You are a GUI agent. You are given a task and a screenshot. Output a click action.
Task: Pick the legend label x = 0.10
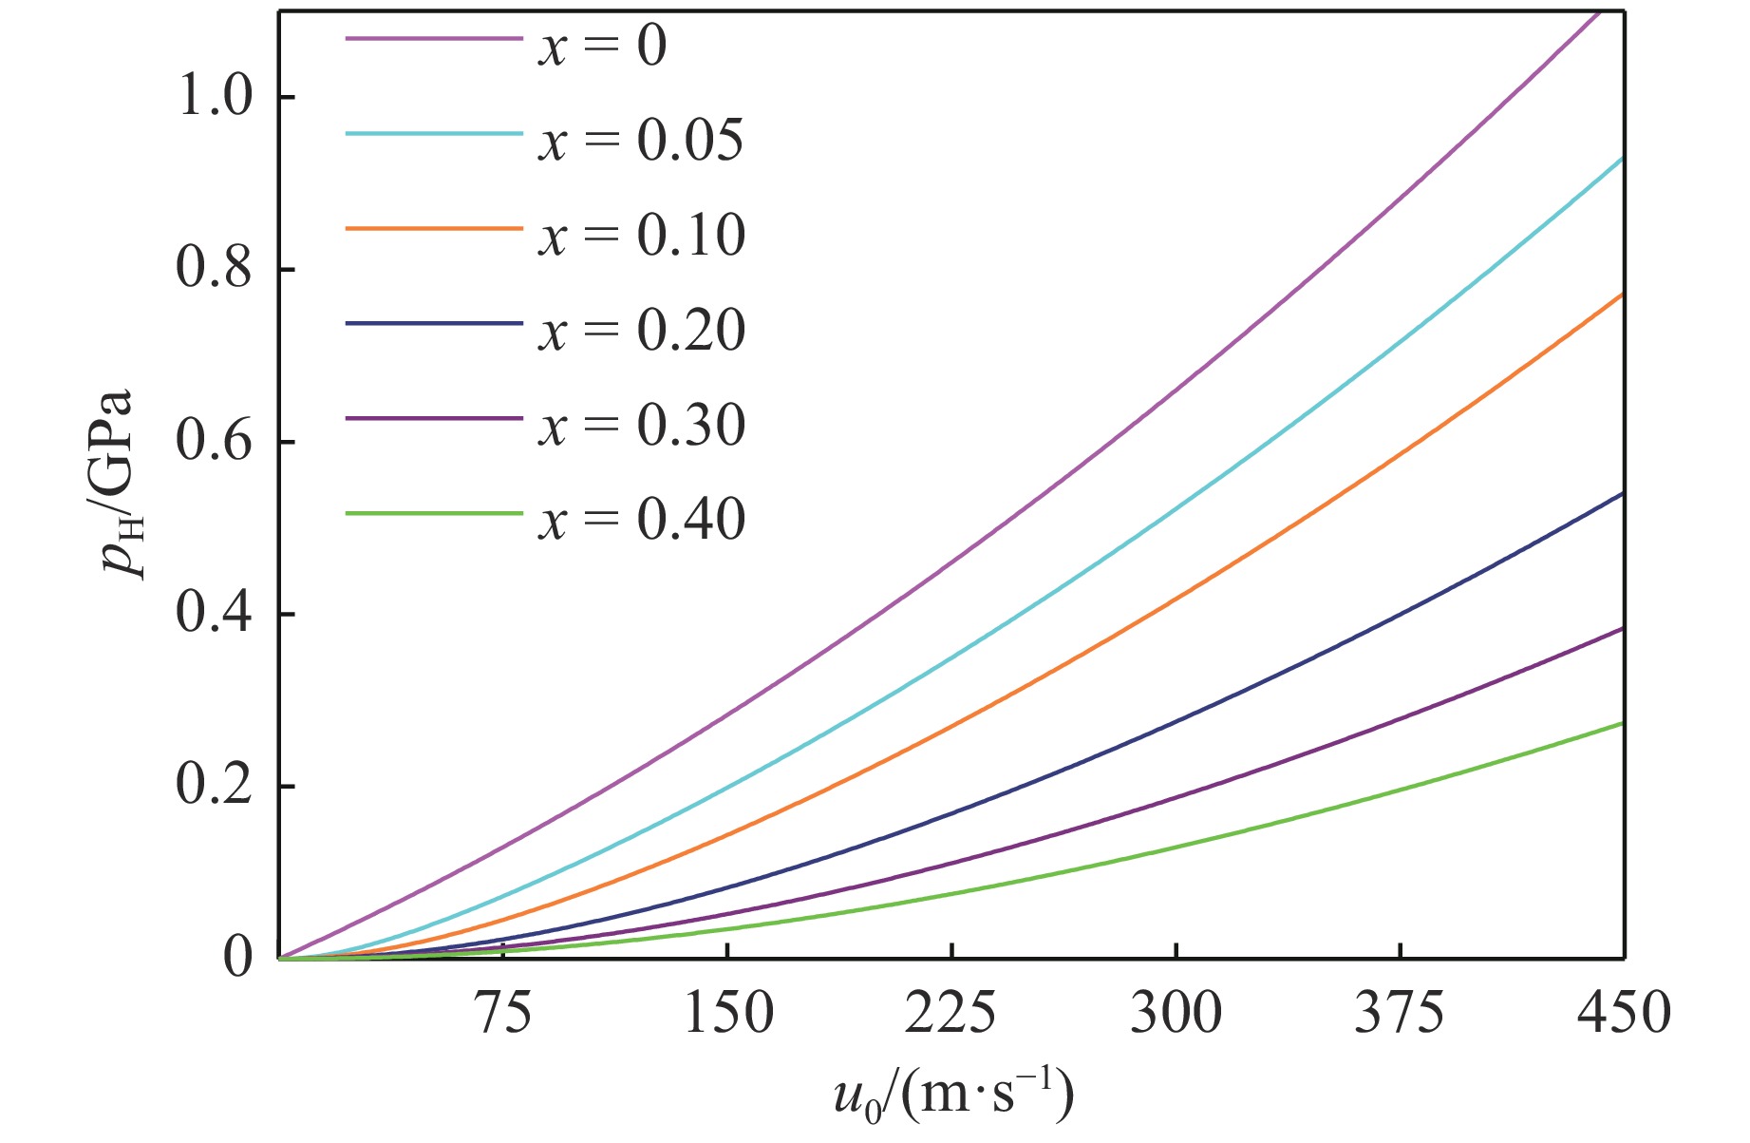point(642,235)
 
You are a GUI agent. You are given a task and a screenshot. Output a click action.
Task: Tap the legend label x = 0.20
point(642,330)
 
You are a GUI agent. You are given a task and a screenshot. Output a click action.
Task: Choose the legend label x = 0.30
point(642,425)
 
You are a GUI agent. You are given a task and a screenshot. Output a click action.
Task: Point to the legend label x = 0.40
point(642,520)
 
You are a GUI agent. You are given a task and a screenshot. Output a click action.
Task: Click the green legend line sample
point(434,514)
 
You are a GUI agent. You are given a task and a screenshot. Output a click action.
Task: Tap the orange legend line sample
point(434,229)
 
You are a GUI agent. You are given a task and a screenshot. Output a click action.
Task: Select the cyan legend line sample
point(434,134)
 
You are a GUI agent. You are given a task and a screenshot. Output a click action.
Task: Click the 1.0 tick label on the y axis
point(216,98)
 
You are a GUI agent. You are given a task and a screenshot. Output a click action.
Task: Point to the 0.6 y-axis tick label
point(216,443)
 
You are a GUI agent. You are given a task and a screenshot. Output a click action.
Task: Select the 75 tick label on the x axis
point(503,1014)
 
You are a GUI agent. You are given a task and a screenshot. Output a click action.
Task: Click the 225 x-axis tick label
point(951,1014)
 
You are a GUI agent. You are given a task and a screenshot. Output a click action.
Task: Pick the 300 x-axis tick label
point(1176,1014)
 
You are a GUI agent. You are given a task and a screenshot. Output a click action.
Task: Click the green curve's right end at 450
point(1622,724)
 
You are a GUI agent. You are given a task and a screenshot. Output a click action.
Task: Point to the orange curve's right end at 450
point(1622,295)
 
